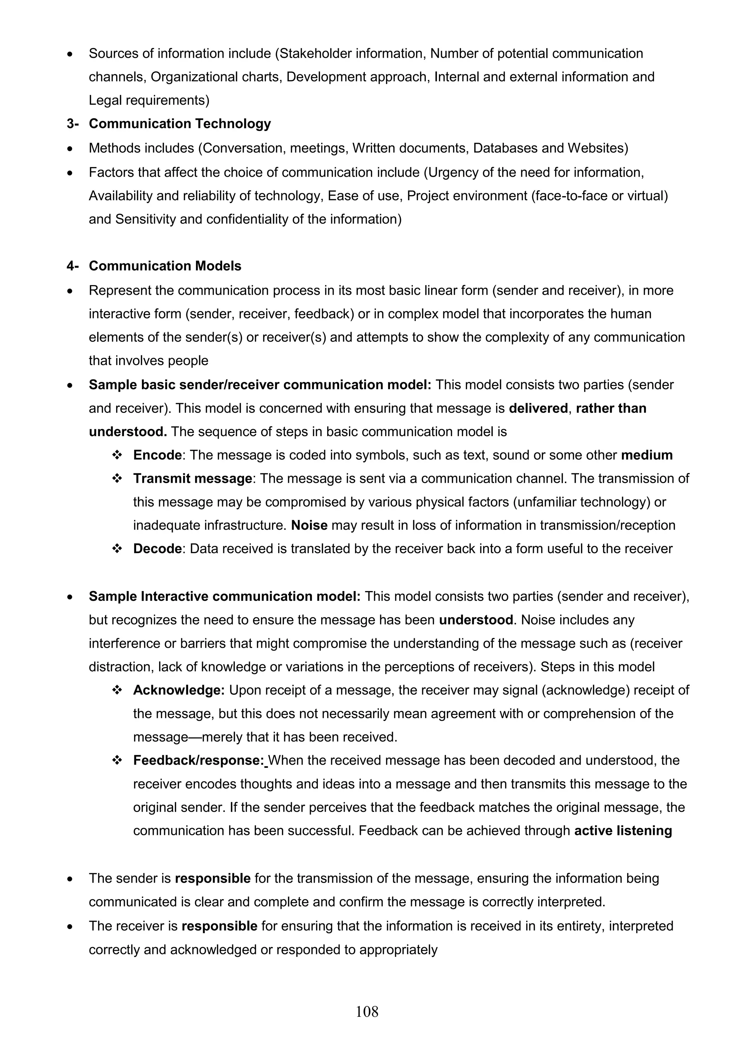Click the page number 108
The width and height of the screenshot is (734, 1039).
[x=367, y=1011]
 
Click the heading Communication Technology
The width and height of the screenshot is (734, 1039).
[x=180, y=123]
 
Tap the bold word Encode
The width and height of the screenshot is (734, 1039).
[x=157, y=455]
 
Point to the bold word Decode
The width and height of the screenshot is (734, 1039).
[x=157, y=548]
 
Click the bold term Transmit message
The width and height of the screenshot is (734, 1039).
[x=192, y=478]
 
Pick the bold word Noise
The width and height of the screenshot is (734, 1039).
[x=309, y=525]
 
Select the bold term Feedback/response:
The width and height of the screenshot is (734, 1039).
[x=198, y=760]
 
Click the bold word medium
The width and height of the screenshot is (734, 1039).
[x=646, y=455]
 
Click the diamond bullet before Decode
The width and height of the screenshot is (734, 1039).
[x=117, y=548]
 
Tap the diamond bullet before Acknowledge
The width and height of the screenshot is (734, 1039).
[x=117, y=690]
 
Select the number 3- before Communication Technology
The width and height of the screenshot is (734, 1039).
[x=73, y=123]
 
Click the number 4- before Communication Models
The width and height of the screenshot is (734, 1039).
[x=73, y=266]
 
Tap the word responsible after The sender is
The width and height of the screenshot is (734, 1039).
[x=213, y=878]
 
